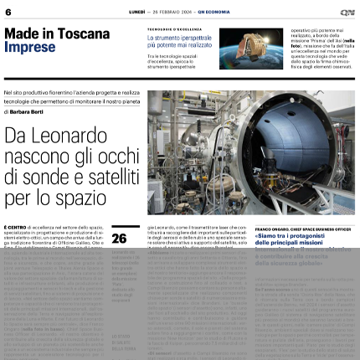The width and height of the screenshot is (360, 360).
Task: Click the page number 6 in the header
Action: click(8, 13)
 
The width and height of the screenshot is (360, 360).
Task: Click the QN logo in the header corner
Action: click(347, 13)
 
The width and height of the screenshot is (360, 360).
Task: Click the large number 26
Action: click(119, 239)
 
